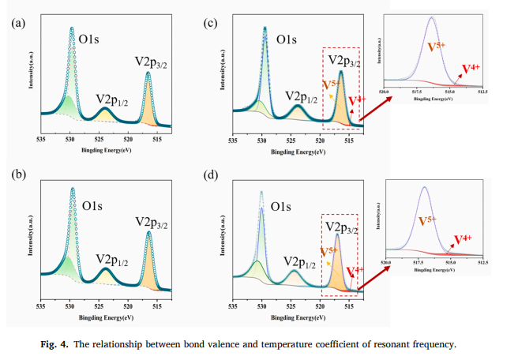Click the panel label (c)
pos(211,24)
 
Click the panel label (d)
pos(211,174)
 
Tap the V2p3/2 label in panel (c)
pos(344,59)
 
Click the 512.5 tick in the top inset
pos(481,92)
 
